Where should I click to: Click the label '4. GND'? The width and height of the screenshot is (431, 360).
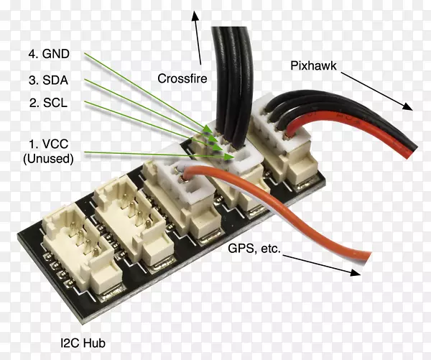pos(48,54)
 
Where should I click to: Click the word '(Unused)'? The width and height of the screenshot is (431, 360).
pos(48,159)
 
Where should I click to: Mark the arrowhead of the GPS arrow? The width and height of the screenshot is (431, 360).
pos(354,272)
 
